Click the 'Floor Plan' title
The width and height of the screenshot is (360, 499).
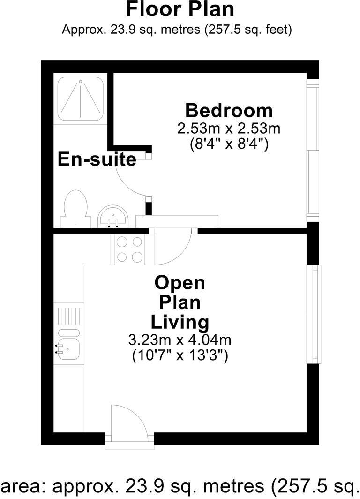[180, 9]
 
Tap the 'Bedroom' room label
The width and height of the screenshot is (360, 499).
[229, 111]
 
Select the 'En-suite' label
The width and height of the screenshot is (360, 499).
[97, 159]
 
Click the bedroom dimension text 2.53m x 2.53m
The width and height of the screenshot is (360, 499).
[229, 128]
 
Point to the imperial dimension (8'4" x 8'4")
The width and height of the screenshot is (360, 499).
[229, 143]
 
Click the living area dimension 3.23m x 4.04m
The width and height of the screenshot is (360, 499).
[180, 340]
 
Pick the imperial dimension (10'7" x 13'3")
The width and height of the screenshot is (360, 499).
[180, 355]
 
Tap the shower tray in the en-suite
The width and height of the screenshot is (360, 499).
[80, 99]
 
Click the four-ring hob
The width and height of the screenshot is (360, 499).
[130, 249]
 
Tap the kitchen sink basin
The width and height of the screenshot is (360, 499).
[68, 348]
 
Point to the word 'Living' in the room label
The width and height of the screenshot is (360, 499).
[180, 322]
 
